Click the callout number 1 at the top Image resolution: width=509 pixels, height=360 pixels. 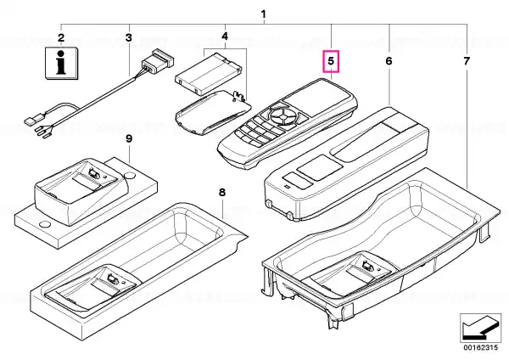click(263, 14)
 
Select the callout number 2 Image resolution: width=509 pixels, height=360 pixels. click(61, 37)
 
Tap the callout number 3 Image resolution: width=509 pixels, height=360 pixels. click(129, 37)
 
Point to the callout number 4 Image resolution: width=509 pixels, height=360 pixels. click(225, 36)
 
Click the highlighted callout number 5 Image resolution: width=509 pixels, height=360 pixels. click(331, 61)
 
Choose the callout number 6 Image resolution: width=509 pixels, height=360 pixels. click(389, 61)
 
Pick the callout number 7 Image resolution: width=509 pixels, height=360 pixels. click(466, 61)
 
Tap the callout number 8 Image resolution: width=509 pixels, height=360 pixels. click(222, 193)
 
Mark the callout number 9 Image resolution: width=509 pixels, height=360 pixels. click(129, 138)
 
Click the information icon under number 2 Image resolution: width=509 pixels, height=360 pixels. click(62, 63)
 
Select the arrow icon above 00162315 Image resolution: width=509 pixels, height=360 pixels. click(480, 328)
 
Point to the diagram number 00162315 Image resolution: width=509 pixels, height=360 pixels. click(480, 347)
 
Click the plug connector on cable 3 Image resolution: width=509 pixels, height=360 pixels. click(158, 61)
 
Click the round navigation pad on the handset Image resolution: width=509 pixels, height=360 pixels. click(283, 116)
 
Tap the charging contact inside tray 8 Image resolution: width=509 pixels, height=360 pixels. click(112, 279)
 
